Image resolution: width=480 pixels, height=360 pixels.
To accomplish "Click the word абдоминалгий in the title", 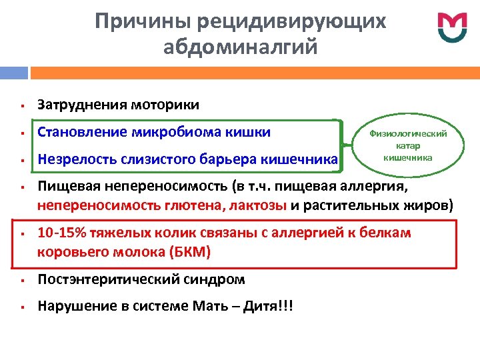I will click(240, 48).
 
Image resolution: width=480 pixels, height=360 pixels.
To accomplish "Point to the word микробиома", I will click(187, 131).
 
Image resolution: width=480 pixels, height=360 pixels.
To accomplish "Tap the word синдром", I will click(212, 279).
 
